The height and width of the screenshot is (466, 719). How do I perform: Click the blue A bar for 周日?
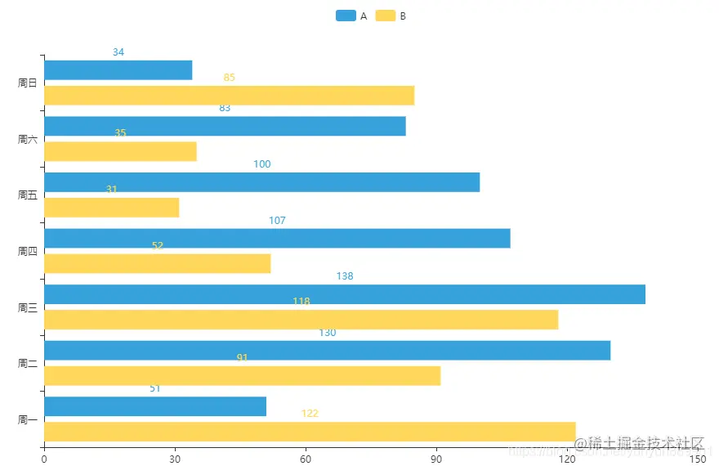pyautogui.click(x=118, y=70)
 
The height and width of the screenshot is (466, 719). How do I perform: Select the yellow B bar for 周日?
pyautogui.click(x=229, y=96)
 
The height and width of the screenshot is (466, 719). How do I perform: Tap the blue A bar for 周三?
pyautogui.click(x=344, y=294)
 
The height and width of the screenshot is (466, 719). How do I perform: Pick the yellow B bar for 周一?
pyautogui.click(x=310, y=432)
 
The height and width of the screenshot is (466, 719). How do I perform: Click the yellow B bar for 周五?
pyautogui.click(x=111, y=208)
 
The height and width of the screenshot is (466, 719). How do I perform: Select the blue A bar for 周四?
pyautogui.click(x=277, y=238)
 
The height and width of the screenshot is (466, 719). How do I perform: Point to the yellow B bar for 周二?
pyautogui.click(x=242, y=376)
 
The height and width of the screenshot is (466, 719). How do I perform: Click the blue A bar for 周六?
pyautogui.click(x=225, y=126)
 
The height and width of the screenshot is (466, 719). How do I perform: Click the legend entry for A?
pyautogui.click(x=351, y=16)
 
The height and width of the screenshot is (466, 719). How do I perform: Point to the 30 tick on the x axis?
pyautogui.click(x=175, y=459)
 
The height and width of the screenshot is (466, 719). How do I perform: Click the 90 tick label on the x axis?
pyautogui.click(x=436, y=459)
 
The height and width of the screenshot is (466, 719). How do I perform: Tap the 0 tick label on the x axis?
pyautogui.click(x=44, y=459)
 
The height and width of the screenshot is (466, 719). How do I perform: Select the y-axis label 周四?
pyautogui.click(x=28, y=251)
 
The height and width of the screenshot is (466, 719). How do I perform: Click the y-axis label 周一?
pyautogui.click(x=28, y=419)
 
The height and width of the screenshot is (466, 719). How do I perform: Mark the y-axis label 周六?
pyautogui.click(x=28, y=139)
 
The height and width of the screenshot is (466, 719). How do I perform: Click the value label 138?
pyautogui.click(x=345, y=276)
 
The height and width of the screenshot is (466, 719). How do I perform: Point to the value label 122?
pyautogui.click(x=310, y=414)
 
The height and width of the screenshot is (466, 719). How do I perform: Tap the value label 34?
pyautogui.click(x=118, y=52)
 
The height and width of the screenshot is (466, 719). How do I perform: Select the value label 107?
pyautogui.click(x=277, y=221)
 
